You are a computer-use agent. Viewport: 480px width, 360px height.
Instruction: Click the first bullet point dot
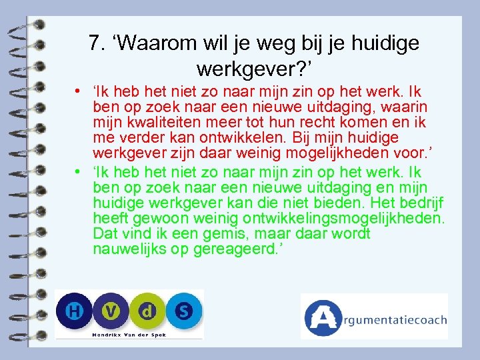click(x=79, y=92)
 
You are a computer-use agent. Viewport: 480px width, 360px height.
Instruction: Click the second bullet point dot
click(x=79, y=172)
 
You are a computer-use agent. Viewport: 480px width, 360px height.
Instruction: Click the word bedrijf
click(x=419, y=203)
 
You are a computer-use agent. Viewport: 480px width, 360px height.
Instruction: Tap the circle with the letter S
click(x=183, y=311)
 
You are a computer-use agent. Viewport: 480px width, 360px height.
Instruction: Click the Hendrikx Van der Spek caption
click(x=128, y=333)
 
